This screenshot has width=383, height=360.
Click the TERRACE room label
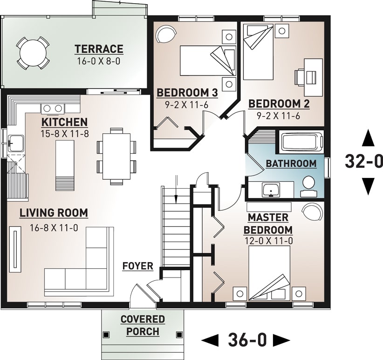(x=99, y=49)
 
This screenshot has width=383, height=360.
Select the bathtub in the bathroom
(x=301, y=141)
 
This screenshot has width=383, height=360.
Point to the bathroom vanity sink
(x=270, y=190)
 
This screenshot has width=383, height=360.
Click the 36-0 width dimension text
(x=247, y=340)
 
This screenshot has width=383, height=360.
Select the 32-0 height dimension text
(x=363, y=161)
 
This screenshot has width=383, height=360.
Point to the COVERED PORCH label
(x=143, y=326)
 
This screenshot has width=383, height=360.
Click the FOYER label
(x=137, y=266)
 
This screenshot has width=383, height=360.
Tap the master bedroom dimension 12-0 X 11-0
(x=268, y=241)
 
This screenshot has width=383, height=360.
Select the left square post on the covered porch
(x=107, y=334)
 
